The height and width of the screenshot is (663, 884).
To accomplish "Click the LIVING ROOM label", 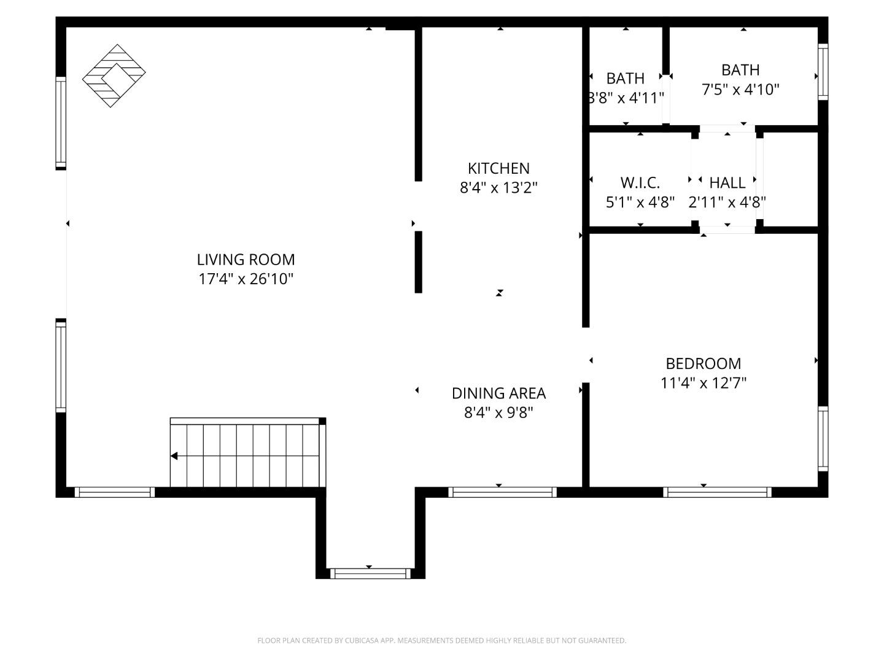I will tap(246, 259).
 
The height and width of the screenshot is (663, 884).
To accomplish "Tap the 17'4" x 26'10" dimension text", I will tap(246, 279).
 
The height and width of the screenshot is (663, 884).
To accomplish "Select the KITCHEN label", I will tap(498, 168).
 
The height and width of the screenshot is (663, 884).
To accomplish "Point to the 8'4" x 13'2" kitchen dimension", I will tap(498, 188).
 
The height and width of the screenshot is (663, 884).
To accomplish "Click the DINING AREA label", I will tap(498, 393).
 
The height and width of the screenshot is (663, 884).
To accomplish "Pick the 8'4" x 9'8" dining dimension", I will tap(498, 413).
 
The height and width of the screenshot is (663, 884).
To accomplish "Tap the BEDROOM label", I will tap(704, 363).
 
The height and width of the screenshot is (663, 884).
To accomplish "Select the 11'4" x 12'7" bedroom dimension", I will tap(704, 383).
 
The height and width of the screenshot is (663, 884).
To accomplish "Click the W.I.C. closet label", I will tap(640, 182).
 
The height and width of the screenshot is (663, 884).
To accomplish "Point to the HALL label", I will tap(727, 182).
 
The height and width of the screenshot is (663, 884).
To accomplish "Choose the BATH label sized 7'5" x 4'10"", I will tap(740, 70).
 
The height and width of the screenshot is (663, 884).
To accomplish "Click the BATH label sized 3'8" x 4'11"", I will tap(626, 79).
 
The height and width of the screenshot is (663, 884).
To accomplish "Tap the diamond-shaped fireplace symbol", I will tap(114, 76).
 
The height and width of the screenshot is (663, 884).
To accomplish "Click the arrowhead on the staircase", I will tap(174, 456).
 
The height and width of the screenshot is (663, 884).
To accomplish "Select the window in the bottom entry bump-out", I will tap(370, 573).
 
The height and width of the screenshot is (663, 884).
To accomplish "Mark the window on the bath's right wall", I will tap(823, 72).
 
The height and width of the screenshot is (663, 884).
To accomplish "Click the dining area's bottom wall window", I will tap(502, 492).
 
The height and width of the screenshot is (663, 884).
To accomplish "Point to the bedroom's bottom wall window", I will tap(717, 492).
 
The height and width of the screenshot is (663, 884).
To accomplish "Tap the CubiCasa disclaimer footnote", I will tap(441, 640).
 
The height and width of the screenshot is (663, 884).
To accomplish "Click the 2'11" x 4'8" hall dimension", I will tap(727, 202).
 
